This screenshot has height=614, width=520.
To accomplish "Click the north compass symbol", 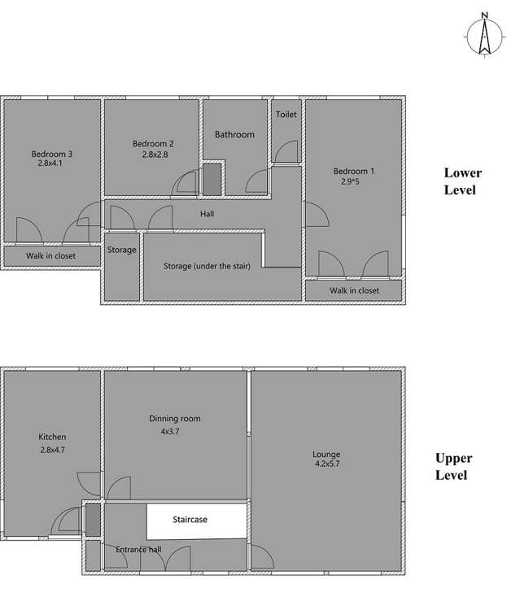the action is pyautogui.click(x=485, y=35).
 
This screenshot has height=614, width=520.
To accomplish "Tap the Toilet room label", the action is pyautogui.click(x=286, y=115).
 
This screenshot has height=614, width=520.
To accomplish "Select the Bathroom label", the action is pyautogui.click(x=234, y=134).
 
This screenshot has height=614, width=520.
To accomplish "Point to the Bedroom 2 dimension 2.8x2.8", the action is pyautogui.click(x=155, y=155).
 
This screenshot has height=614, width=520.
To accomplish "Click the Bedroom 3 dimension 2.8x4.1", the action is pyautogui.click(x=50, y=163).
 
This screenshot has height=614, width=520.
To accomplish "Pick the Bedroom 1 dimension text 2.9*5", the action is pyautogui.click(x=350, y=181).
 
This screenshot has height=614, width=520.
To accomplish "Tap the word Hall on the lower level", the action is pyautogui.click(x=207, y=214).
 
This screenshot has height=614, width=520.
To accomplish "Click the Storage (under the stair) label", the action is pyautogui.click(x=207, y=266).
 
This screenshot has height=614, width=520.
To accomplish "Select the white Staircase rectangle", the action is pyautogui.click(x=197, y=520).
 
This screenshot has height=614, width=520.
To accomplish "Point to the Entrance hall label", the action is pyautogui.click(x=138, y=550).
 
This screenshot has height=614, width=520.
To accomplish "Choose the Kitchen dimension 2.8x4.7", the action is pyautogui.click(x=53, y=450).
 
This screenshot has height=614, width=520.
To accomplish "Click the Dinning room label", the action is pyautogui.click(x=175, y=419).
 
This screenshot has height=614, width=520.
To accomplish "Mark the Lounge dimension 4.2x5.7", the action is pyautogui.click(x=327, y=464).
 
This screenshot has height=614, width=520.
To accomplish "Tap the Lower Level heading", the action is pyautogui.click(x=462, y=181).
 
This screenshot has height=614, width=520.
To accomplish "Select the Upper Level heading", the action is pyautogui.click(x=453, y=466).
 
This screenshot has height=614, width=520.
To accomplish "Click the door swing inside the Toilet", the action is pyautogui.click(x=286, y=151).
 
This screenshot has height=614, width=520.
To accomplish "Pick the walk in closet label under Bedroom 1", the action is pyautogui.click(x=354, y=290).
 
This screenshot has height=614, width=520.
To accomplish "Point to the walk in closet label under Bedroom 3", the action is pyautogui.click(x=50, y=255).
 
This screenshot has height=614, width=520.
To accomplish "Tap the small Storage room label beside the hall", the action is pyautogui.click(x=121, y=250).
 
